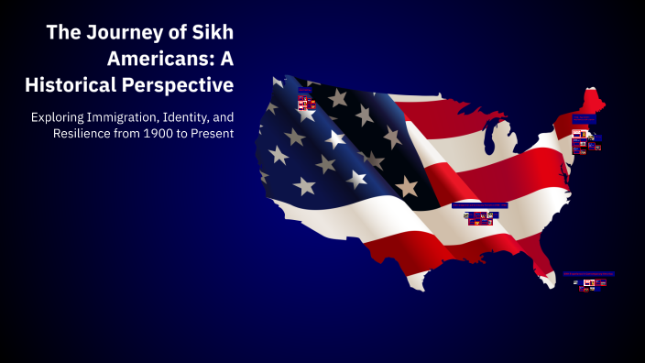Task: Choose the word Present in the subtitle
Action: pyautogui.click(x=212, y=134)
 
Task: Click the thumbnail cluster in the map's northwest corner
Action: pyautogui.click(x=306, y=101)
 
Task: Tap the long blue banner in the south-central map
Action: pyautogui.click(x=479, y=206)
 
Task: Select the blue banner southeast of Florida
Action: pyautogui.click(x=588, y=273)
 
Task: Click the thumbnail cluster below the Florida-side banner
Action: pyautogui.click(x=588, y=283)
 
